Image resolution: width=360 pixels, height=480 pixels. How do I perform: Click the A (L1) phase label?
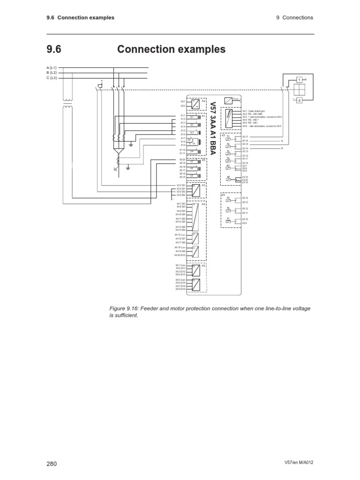point(51,68)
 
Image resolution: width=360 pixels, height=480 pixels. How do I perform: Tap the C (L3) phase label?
point(51,78)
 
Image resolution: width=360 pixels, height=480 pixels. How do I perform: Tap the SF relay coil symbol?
point(228,180)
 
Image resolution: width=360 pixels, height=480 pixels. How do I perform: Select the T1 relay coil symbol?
point(228,139)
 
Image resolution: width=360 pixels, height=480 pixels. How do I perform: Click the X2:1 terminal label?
point(183,101)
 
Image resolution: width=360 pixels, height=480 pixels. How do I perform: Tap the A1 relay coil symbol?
point(228,167)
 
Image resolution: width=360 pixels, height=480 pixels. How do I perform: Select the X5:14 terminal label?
point(245,198)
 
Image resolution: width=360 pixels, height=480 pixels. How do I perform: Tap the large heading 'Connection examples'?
point(171,49)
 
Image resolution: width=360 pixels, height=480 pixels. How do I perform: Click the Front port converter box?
point(228,100)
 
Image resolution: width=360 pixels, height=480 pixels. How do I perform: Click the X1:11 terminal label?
point(183,153)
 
